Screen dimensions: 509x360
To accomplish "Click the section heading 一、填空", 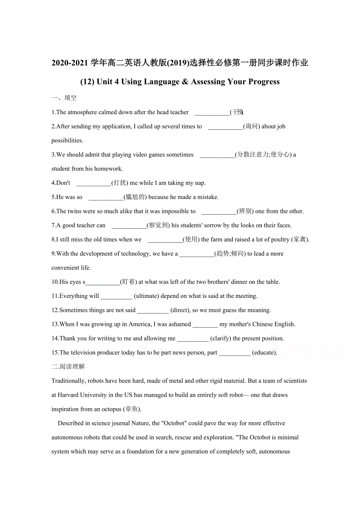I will pos(64,98).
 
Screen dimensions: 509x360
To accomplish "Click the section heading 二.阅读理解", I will pos(68,366).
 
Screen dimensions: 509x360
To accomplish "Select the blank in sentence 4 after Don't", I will pos(94,183).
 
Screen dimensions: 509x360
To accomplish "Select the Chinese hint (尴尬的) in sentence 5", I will pos(135,197).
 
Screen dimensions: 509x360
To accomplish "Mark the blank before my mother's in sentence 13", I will pos(205,324).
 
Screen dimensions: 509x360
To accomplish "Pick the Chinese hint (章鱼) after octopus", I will pos(132,409).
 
